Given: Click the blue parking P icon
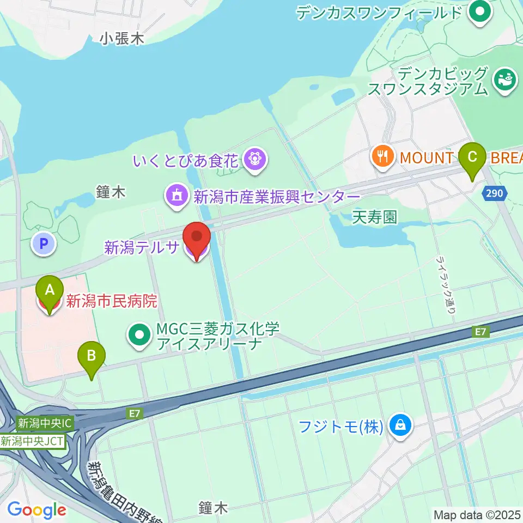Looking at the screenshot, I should [44, 244].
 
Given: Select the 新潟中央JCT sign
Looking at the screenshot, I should [33, 441].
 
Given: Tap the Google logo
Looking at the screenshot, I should [37, 510].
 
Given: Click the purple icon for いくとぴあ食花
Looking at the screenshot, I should [254, 160].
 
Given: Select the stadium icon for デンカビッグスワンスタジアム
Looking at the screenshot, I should [504, 80].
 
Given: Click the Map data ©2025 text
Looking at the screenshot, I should [477, 514].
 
